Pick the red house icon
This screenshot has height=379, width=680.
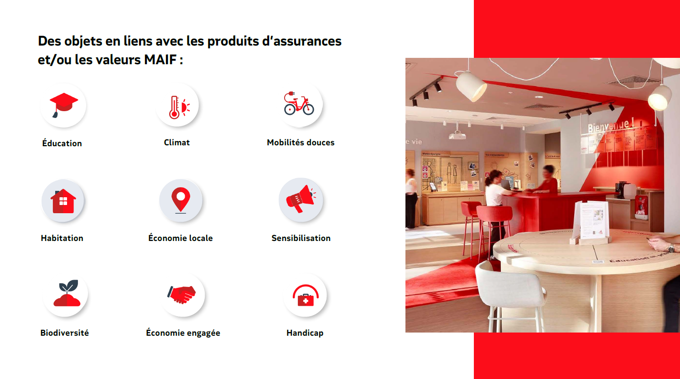[x=63, y=201]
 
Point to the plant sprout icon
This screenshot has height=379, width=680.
[x=67, y=293]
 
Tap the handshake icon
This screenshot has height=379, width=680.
[x=182, y=294]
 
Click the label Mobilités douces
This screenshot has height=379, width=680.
[x=301, y=143]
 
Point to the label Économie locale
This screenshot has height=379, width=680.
[x=181, y=238]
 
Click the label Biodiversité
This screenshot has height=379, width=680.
[x=64, y=333]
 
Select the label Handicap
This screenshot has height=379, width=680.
[x=305, y=333]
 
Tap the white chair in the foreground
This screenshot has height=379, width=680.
[x=510, y=292]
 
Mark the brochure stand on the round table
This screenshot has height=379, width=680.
[x=591, y=221]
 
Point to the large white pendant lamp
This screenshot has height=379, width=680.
[x=472, y=86]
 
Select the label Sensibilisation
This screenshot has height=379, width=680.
[x=301, y=238]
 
